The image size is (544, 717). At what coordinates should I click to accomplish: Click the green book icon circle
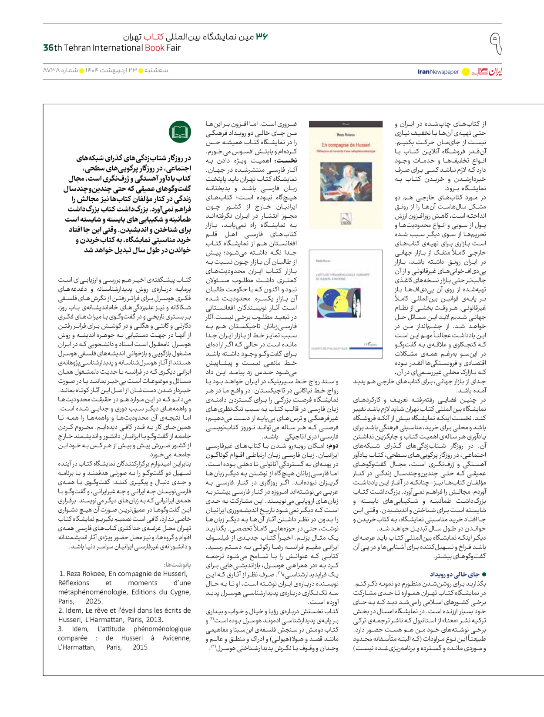click(x=180, y=132)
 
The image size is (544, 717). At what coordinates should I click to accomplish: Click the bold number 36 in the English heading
click(x=48, y=48)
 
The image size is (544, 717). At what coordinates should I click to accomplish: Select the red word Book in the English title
click(x=154, y=48)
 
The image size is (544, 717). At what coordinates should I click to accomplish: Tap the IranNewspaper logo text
click(x=438, y=72)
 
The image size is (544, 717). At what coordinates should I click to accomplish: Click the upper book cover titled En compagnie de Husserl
click(x=346, y=175)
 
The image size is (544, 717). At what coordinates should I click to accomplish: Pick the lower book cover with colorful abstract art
click(x=346, y=304)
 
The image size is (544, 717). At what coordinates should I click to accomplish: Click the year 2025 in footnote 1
click(x=94, y=601)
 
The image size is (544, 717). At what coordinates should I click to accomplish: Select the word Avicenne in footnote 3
click(x=176, y=638)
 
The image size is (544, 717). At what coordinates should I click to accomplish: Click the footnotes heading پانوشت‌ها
click(x=178, y=564)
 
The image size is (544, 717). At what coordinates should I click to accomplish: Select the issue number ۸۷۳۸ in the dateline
click(x=51, y=70)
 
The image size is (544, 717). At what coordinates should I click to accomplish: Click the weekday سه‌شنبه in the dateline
click(x=157, y=70)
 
